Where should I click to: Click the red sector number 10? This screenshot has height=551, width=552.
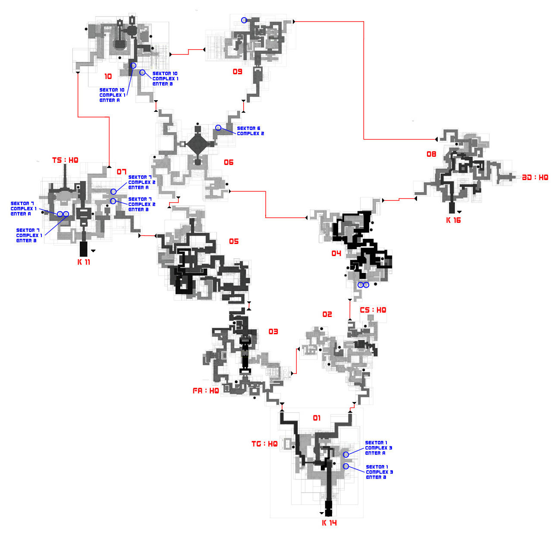[108, 76]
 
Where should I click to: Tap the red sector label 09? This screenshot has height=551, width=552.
[238, 72]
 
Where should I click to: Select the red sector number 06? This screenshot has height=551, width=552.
[229, 162]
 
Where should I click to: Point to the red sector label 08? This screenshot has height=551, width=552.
[431, 154]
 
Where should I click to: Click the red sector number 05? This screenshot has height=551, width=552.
[234, 241]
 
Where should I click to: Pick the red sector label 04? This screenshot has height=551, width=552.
[336, 253]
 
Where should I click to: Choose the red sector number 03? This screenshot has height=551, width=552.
[273, 332]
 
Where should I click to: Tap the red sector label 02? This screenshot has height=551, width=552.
[327, 314]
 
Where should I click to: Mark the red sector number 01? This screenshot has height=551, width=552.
[317, 418]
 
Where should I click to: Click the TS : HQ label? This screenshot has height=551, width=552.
[65, 160]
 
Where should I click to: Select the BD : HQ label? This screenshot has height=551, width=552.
[535, 177]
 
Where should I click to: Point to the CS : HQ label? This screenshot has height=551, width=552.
[373, 310]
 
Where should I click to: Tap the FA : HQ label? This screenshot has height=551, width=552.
[206, 391]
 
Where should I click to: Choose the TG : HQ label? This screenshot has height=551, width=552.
[264, 444]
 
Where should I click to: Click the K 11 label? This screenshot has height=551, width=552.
[84, 262]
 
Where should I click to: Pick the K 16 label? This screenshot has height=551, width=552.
[453, 220]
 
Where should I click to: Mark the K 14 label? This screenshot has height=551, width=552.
[329, 523]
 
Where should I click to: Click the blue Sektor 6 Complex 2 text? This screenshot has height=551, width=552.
[251, 131]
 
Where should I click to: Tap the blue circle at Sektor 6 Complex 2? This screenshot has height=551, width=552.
[218, 128]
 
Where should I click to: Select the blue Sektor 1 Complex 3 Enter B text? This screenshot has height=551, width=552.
[379, 472]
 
